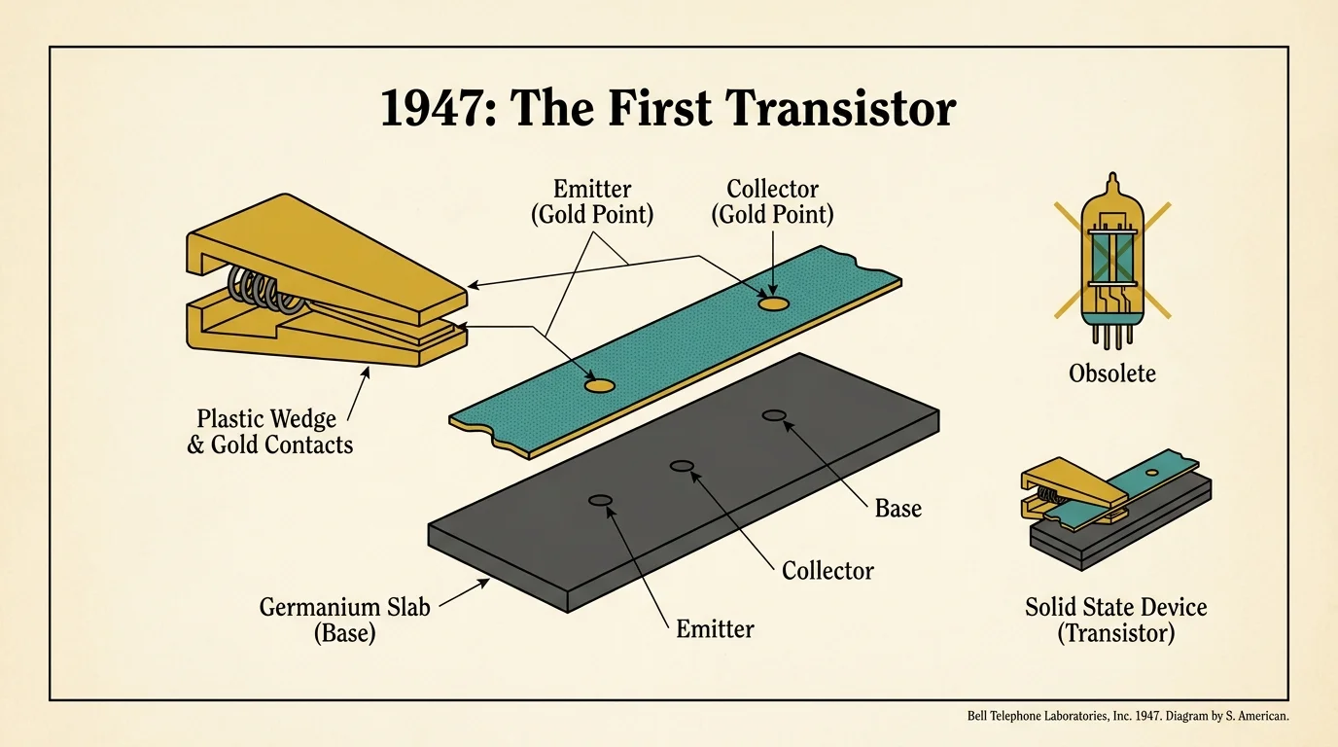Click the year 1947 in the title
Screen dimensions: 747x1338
click(x=440, y=109)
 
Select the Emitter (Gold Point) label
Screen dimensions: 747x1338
click(x=591, y=201)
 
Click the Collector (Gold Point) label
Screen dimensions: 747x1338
click(x=773, y=201)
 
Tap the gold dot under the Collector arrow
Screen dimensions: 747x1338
click(x=773, y=303)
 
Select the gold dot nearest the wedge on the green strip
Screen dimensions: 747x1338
click(x=599, y=386)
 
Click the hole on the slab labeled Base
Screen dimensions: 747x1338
click(x=774, y=415)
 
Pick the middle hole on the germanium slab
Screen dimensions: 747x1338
click(x=683, y=467)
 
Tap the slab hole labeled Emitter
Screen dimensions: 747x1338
click(x=600, y=501)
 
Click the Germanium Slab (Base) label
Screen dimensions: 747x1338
click(x=318, y=620)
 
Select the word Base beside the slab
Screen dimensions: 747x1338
click(x=898, y=509)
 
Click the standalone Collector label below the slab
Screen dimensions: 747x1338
click(x=827, y=570)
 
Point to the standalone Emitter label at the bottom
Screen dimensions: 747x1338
click(x=715, y=629)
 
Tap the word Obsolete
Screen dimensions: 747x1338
click(x=1112, y=373)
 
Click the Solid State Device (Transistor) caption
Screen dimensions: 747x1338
click(x=1115, y=620)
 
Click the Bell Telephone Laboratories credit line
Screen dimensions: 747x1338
click(x=1128, y=716)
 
